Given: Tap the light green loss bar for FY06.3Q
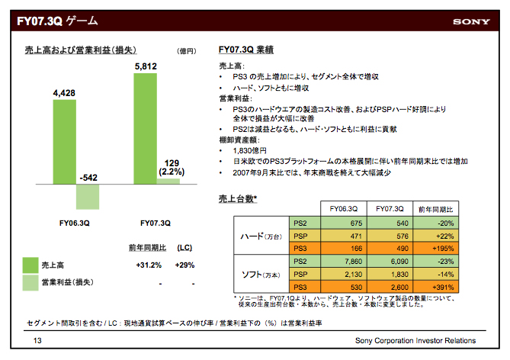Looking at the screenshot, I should pos(88,198).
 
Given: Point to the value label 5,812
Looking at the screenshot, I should pos(145,67).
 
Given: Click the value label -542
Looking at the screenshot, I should pos(88,178).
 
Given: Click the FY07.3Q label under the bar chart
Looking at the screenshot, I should pos(156,223).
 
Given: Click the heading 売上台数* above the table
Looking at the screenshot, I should pos(238,200).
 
